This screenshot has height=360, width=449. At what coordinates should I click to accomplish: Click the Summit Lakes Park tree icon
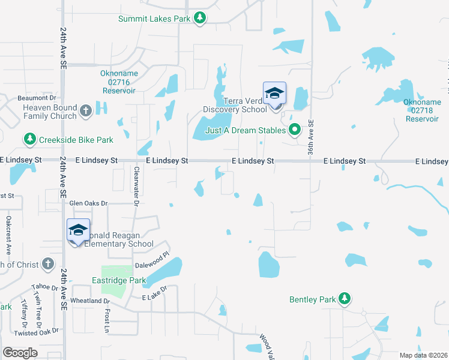tap(200, 19)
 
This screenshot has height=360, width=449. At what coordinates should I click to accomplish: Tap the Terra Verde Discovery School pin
tap(275, 95)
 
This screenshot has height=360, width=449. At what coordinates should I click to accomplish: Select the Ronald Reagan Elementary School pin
tap(78, 231)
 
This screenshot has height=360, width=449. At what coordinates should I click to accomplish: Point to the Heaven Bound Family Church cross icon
tap(85, 110)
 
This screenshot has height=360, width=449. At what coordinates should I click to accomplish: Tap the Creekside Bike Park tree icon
tap(29, 140)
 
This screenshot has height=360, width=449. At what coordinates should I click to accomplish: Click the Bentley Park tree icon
tap(344, 298)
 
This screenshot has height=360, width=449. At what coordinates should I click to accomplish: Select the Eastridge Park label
tap(119, 280)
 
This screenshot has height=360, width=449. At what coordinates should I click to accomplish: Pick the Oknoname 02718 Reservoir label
tap(421, 110)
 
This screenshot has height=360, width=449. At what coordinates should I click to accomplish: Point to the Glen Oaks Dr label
tap(88, 203)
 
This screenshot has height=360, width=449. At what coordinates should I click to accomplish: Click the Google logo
tap(20, 352)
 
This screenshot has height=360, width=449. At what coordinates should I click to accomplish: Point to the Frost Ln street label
tap(106, 320)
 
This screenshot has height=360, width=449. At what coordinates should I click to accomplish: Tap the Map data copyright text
tap(423, 355)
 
